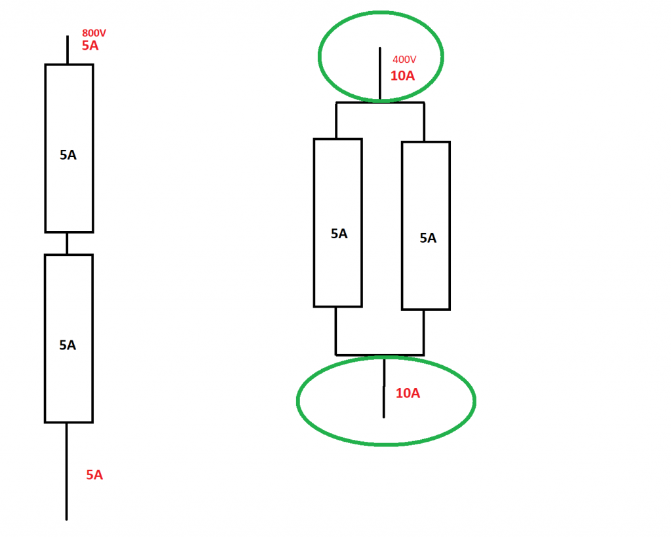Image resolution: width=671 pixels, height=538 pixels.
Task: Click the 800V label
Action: point(94,33)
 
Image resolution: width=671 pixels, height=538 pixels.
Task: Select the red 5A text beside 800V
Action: point(90,46)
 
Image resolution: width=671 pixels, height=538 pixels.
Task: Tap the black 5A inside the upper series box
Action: point(68,155)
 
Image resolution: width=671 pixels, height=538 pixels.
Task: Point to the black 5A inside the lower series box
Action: point(68,345)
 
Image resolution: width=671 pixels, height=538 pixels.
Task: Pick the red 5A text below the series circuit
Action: point(94,475)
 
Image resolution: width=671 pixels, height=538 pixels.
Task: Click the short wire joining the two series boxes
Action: point(67,243)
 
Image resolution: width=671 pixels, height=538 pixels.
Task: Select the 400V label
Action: point(404,60)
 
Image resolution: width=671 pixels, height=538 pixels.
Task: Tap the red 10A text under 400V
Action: point(402,75)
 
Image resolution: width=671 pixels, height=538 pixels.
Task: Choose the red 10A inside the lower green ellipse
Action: point(408,393)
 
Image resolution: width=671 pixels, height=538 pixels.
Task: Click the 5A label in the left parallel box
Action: point(339,234)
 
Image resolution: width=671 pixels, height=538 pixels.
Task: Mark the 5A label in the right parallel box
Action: point(428,238)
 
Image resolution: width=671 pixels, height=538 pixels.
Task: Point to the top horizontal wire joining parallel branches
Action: point(380,103)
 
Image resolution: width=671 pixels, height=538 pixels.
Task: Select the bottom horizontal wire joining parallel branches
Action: point(380,355)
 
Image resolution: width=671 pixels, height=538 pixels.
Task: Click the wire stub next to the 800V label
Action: point(67,50)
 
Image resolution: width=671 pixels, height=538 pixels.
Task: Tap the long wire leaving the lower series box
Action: point(67,471)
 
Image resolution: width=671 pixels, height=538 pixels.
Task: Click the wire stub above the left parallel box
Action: point(336,121)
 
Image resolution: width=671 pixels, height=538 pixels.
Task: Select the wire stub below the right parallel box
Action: point(424,332)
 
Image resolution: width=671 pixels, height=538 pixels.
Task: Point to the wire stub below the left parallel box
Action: point(335,331)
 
